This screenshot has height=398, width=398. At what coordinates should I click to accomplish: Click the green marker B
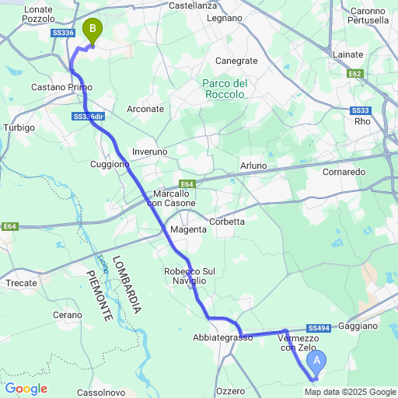click(x=93, y=31)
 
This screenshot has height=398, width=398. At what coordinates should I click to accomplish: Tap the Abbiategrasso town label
click(x=223, y=337)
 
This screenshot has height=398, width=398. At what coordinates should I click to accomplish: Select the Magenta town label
click(x=189, y=230)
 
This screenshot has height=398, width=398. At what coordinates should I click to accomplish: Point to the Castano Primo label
click(x=62, y=88)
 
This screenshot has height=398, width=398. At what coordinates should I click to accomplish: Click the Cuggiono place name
click(x=110, y=165)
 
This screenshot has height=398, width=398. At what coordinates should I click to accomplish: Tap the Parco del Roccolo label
click(x=224, y=89)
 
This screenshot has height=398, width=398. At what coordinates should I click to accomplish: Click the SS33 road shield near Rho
click(x=361, y=110)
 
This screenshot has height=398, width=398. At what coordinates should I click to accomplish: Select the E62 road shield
click(x=356, y=73)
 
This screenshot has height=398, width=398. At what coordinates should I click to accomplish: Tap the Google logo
click(x=26, y=389)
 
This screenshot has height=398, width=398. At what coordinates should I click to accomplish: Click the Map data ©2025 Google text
click(x=356, y=392)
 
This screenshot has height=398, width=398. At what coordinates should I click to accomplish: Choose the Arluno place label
click(x=253, y=166)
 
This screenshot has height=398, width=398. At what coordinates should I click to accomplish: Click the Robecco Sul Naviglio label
click(x=184, y=275)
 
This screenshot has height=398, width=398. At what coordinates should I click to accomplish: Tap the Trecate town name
click(x=21, y=283)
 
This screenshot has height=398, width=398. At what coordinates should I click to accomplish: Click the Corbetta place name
click(x=227, y=222)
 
